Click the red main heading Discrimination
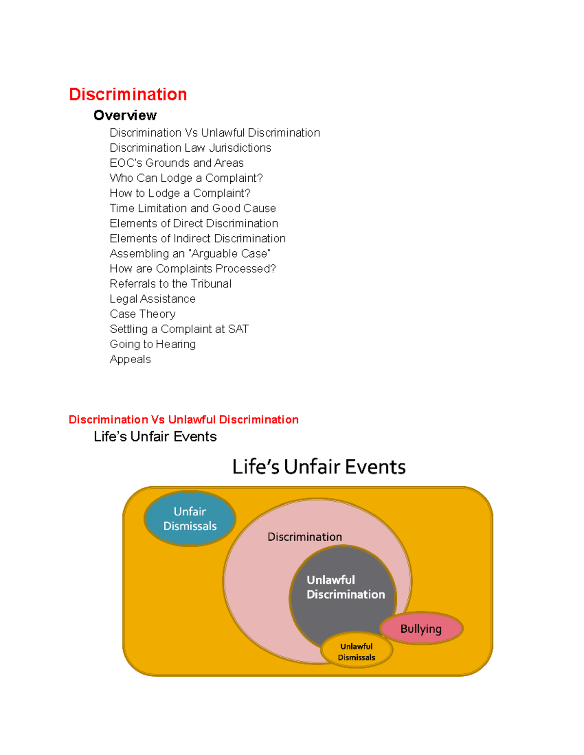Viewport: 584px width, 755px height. click(128, 94)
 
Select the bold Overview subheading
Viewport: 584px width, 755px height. click(125, 115)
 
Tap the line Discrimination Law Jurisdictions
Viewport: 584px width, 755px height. click(190, 148)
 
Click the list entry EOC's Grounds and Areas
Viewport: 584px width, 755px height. click(177, 163)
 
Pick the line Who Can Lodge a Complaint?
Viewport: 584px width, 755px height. click(186, 178)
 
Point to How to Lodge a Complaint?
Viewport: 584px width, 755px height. click(180, 193)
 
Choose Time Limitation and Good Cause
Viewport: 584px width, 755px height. click(193, 208)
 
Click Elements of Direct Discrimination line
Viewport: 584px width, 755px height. click(194, 223)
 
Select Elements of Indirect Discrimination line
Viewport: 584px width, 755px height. click(198, 238)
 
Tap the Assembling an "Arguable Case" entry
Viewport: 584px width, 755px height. click(190, 253)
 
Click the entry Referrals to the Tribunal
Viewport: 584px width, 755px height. click(170, 283)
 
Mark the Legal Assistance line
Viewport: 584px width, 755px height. click(152, 298)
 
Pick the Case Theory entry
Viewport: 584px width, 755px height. click(143, 314)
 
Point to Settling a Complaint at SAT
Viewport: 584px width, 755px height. click(179, 329)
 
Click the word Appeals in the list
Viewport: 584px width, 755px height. click(130, 359)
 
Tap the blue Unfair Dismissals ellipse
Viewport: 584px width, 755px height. click(190, 519)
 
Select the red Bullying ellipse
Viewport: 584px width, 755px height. click(421, 629)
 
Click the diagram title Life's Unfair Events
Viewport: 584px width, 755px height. click(319, 467)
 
